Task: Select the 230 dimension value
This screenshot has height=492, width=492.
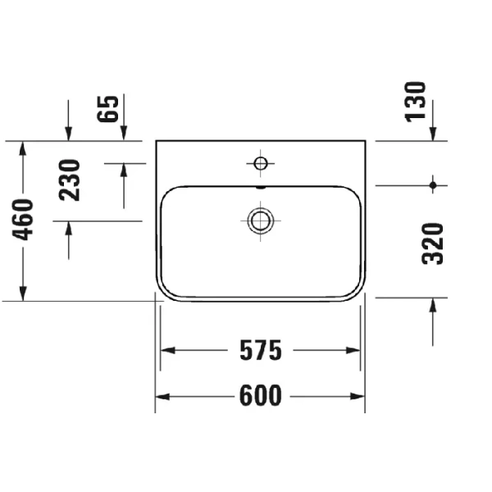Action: [x=71, y=180]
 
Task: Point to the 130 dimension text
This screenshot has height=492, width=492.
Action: [x=417, y=101]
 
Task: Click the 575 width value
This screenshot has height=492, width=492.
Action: [x=260, y=351]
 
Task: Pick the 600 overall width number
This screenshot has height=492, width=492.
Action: [x=260, y=397]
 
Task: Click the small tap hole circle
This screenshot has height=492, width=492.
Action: [x=261, y=164]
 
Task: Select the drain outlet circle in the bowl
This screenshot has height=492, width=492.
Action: [x=261, y=219]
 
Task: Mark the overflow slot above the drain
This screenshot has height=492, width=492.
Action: [x=261, y=186]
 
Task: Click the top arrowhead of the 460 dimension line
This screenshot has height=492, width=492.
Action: [x=25, y=148]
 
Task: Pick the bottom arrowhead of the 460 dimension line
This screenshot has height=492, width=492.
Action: [x=25, y=293]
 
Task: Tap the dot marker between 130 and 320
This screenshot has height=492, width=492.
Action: [x=433, y=185]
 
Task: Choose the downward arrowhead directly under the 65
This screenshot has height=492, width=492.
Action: [x=125, y=133]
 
